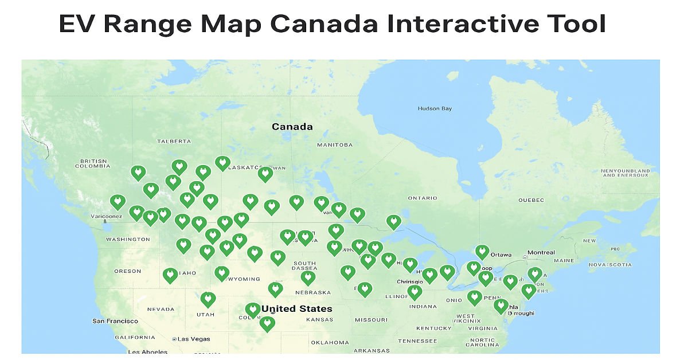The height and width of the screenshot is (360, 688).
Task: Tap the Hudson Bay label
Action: tap(435, 108)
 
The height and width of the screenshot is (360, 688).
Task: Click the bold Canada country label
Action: tap(292, 127)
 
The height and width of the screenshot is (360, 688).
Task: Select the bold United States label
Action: tap(296, 309)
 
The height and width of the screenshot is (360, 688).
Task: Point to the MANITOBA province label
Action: tap(335, 145)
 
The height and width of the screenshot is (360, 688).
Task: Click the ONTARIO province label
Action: tap(423, 198)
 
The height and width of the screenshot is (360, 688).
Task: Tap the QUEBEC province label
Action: tap(531, 200)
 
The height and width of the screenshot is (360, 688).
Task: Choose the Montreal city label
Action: tap(541, 253)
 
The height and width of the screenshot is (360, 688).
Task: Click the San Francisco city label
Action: tap(115, 321)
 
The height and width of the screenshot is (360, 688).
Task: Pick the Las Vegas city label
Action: tap(193, 339)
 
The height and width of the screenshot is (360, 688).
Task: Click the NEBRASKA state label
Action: tap(312, 292)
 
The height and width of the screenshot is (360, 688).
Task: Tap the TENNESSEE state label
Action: tap(417, 341)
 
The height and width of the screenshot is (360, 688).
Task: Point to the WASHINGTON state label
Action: tap(128, 239)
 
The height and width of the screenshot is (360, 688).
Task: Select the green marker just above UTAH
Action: tap(208, 298)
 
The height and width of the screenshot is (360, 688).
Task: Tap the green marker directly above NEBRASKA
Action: tap(308, 277)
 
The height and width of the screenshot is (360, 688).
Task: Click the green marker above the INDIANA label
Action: tap(415, 292)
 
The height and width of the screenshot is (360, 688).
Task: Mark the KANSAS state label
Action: tap(320, 319)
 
